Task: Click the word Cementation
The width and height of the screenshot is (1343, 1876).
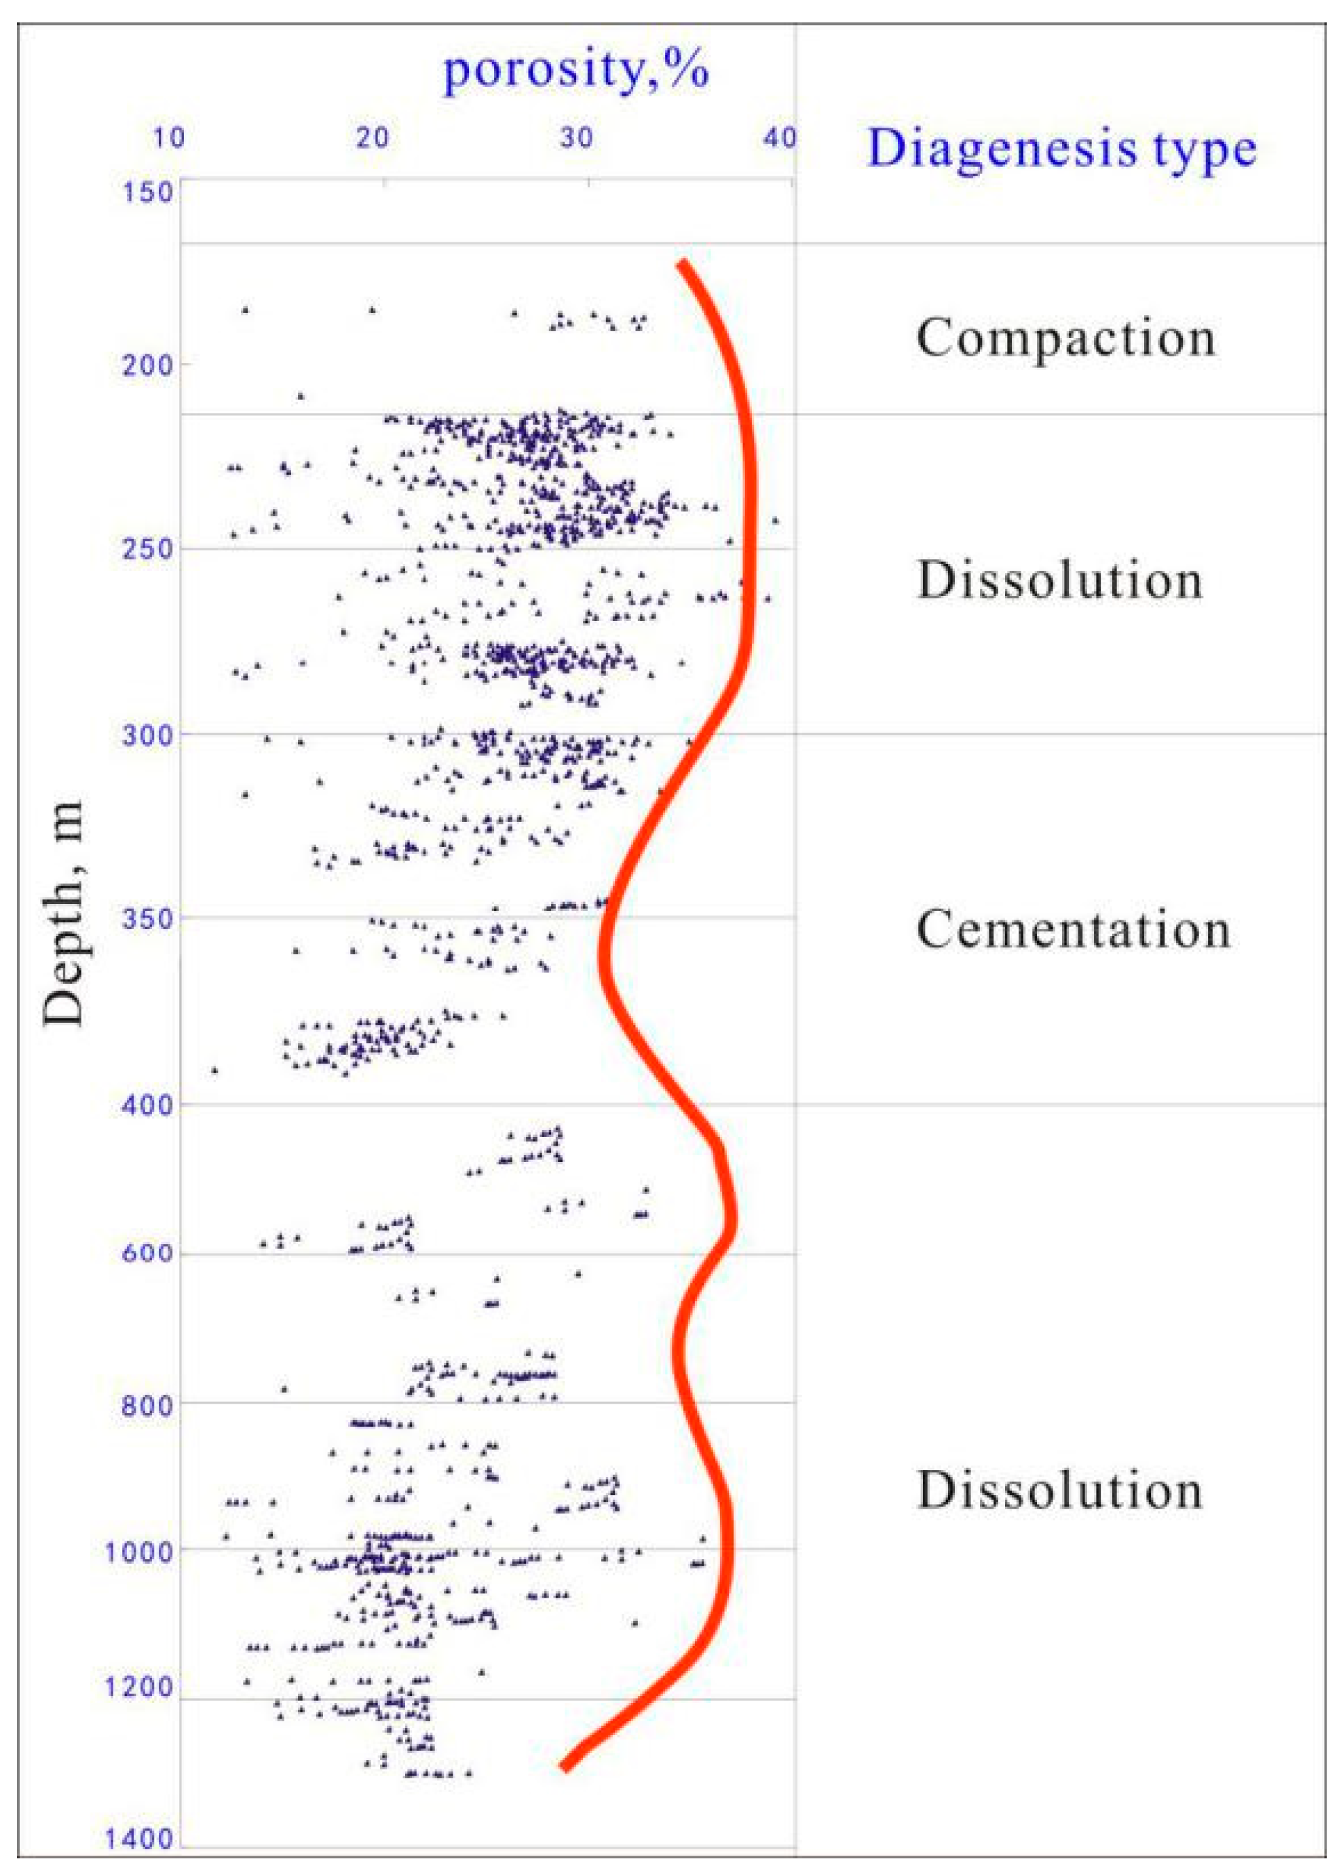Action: tap(1073, 929)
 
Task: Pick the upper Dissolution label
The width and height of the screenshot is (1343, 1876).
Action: tap(1059, 580)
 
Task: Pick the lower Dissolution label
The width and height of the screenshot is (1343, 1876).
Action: tap(1059, 1490)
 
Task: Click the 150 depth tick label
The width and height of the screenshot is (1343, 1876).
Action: tap(148, 193)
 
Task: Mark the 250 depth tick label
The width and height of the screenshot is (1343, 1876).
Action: tap(147, 548)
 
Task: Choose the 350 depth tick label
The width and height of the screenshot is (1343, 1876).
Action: tap(147, 919)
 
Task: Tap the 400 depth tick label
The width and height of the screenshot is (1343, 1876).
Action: tap(147, 1105)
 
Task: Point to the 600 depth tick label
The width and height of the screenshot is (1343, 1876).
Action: tap(147, 1253)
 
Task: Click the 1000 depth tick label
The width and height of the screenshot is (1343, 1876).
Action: tap(138, 1552)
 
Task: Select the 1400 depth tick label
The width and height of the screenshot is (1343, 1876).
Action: tap(138, 1839)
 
